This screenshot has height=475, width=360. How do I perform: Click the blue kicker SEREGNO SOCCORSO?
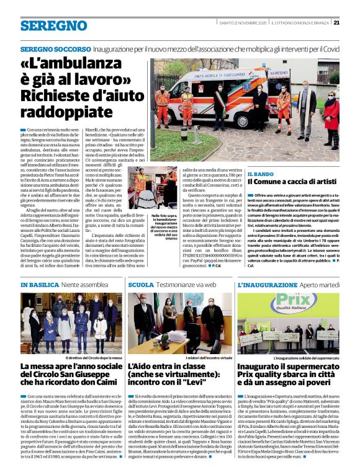(55, 48)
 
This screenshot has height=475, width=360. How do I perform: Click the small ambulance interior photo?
(153, 189)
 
